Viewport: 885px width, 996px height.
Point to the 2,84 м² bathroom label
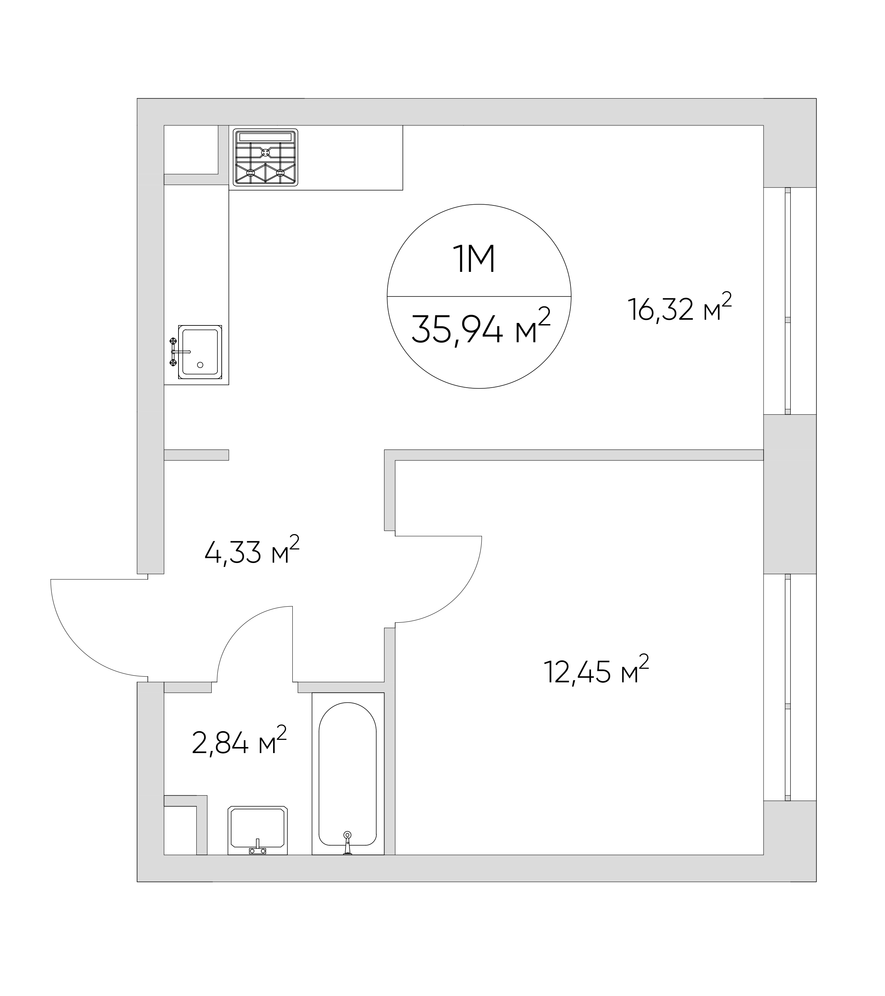click(240, 741)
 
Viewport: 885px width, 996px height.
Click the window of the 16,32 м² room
click(788, 301)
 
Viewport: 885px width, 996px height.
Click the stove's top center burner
click(266, 153)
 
